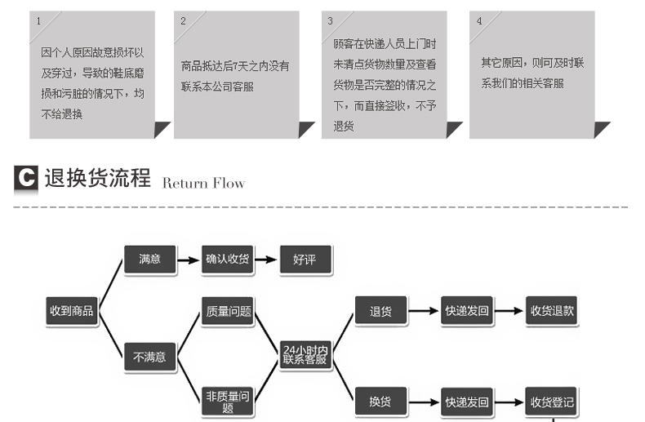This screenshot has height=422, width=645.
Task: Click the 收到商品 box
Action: (x=71, y=310)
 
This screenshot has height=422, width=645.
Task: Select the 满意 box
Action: (x=149, y=260)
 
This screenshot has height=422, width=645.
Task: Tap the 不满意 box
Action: (x=149, y=357)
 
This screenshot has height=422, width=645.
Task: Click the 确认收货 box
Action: (x=227, y=260)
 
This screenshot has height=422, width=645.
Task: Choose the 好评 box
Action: (x=305, y=260)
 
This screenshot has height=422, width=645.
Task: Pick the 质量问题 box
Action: (x=228, y=310)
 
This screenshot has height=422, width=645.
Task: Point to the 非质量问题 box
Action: (x=228, y=402)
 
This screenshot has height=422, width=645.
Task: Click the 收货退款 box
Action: (x=552, y=311)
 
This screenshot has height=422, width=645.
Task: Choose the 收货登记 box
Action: (x=552, y=402)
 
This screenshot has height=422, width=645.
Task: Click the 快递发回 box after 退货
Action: (x=466, y=311)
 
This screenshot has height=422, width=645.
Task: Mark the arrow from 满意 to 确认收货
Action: (x=189, y=260)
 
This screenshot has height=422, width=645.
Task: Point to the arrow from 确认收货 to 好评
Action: (x=266, y=260)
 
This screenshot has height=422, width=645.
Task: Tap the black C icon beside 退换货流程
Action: (x=26, y=179)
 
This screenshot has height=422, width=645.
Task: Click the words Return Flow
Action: (x=203, y=183)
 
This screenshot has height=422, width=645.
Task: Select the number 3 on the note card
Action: (x=330, y=20)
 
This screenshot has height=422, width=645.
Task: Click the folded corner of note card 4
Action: (x=602, y=129)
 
